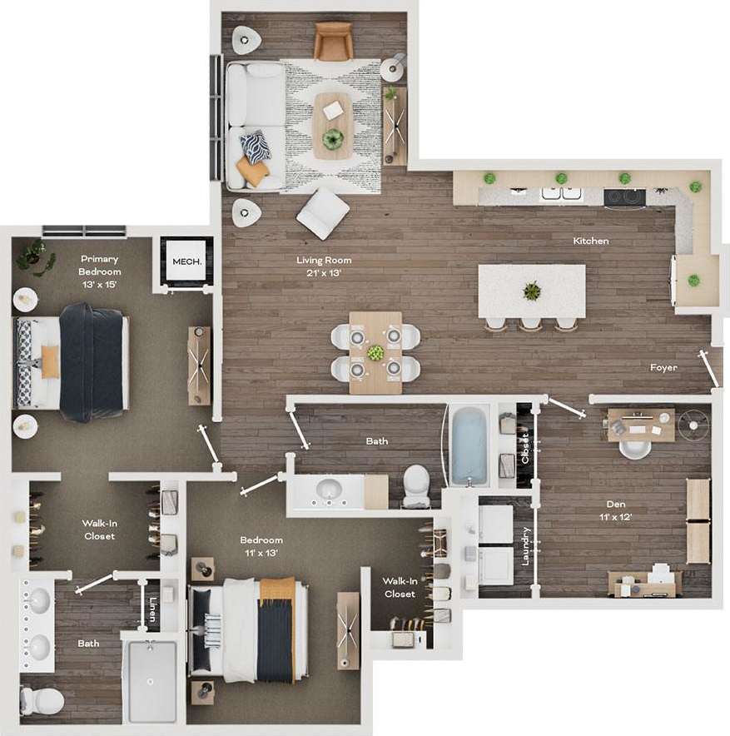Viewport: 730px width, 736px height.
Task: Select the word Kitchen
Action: click(591, 241)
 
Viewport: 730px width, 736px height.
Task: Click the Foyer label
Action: click(663, 367)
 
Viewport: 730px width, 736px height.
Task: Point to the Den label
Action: click(616, 510)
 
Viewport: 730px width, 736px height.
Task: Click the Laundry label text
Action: click(526, 545)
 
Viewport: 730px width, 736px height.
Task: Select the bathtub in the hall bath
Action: click(469, 445)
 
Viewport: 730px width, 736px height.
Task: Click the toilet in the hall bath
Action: click(415, 486)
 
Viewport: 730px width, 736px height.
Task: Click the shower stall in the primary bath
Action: click(151, 680)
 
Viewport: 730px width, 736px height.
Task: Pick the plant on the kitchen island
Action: click(532, 291)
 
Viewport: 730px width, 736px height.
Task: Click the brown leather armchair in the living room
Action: click(333, 41)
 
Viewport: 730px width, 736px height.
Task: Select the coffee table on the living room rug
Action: click(333, 125)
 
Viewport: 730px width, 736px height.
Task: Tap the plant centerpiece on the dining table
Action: click(376, 352)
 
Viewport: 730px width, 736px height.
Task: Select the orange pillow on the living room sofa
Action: click(252, 172)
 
